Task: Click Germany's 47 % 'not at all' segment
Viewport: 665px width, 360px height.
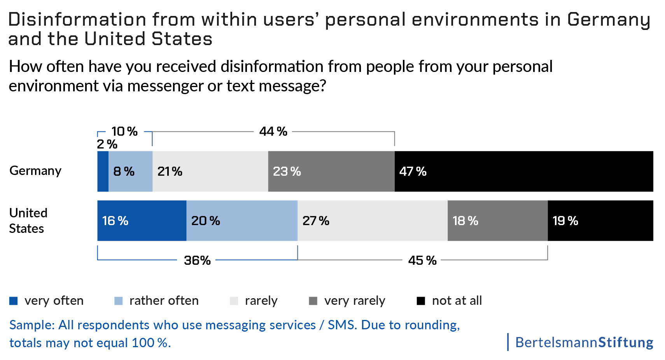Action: coord(523,171)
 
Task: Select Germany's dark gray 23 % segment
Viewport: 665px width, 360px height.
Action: coord(331,171)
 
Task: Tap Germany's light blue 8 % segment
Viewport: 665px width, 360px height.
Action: coord(130,171)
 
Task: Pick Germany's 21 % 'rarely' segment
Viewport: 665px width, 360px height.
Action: coord(210,171)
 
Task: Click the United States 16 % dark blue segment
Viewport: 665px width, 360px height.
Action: coord(142,221)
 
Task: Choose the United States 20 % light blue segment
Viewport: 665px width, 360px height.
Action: coord(241,221)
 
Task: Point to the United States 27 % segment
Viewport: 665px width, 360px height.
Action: coord(372,221)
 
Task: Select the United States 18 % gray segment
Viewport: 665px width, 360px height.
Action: coord(497,221)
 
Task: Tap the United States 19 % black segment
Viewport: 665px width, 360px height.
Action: coord(600,221)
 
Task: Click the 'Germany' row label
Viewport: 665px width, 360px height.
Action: coord(35,171)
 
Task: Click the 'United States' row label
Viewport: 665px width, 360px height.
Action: coord(28,220)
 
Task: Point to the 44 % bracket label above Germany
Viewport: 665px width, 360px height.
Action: coord(273,131)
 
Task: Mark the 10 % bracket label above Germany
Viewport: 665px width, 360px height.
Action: coord(124,131)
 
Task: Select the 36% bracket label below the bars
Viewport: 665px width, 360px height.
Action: coord(197,260)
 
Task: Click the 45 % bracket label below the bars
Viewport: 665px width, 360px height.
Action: coord(422,260)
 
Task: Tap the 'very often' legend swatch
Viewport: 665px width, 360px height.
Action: coord(14,301)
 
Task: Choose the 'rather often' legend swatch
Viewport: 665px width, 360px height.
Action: coord(119,301)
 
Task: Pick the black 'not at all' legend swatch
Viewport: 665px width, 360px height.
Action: coord(421,301)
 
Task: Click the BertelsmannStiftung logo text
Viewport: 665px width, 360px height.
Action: coord(584,343)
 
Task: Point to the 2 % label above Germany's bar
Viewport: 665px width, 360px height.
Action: coord(107,144)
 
